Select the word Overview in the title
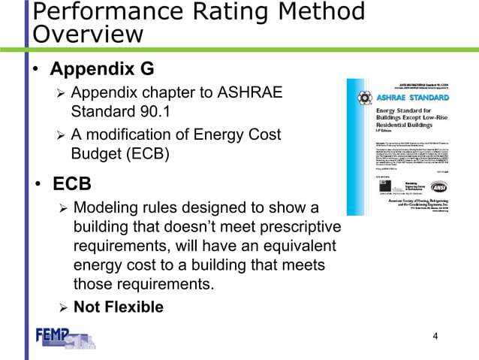[88, 35]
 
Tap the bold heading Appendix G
[102, 70]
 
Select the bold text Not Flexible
[118, 307]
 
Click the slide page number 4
[435, 335]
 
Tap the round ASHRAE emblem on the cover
[363, 98]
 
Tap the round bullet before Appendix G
[37, 71]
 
